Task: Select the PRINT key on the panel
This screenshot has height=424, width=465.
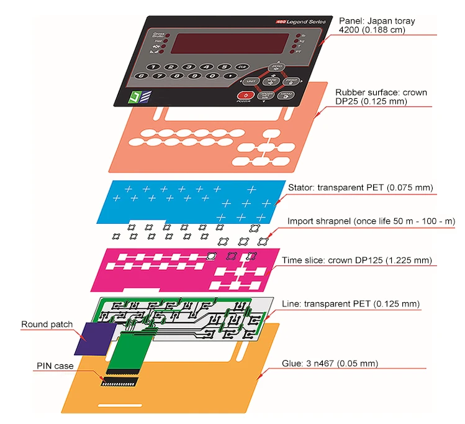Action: [292, 81]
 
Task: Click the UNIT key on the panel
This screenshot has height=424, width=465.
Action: [251, 81]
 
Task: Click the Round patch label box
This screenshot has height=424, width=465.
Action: [47, 325]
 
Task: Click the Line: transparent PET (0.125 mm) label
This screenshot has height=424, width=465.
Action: [351, 303]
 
